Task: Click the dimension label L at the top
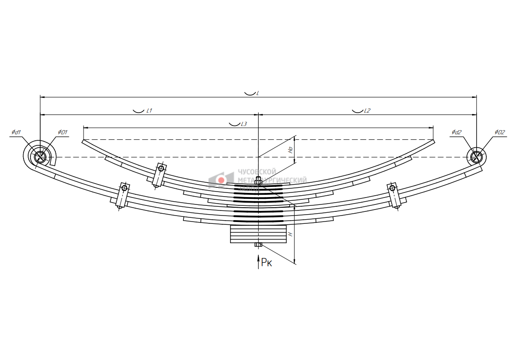tap(257, 93)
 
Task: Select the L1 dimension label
tap(149, 111)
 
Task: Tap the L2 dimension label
tap(367, 111)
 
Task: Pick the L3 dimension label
tap(244, 124)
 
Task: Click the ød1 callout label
tap(17, 132)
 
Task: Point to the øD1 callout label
tap(62, 132)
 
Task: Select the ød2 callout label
tap(456, 132)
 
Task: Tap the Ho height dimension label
tap(291, 149)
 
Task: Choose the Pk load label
tap(267, 263)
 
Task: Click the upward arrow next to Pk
tap(258, 261)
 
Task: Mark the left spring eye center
tap(40, 157)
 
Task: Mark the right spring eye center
tap(476, 157)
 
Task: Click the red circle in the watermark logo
tap(221, 180)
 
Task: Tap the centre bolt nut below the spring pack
tap(258, 244)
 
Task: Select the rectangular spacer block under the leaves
tap(258, 234)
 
